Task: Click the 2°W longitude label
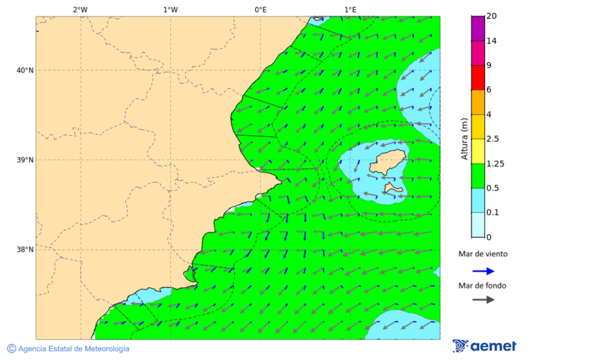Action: click(80, 9)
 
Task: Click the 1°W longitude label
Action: click(170, 9)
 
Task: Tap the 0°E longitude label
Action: click(260, 9)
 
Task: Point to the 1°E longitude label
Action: click(350, 9)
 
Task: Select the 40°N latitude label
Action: click(25, 70)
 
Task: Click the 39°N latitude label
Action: click(25, 160)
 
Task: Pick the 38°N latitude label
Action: click(25, 250)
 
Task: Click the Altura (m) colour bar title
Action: click(464, 138)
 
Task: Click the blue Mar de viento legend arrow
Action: click(483, 271)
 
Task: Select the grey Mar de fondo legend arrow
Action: click(483, 300)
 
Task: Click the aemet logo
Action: click(484, 346)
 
